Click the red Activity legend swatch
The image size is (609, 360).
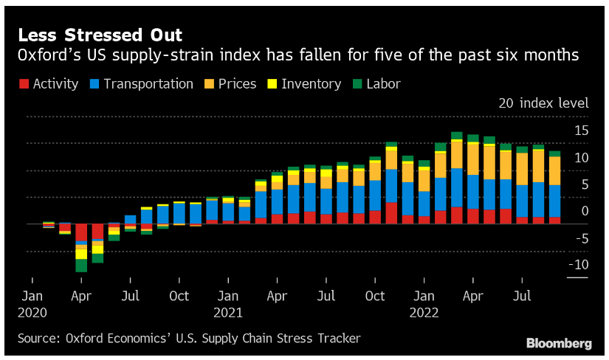(x=24, y=84)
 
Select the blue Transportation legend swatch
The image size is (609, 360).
(x=95, y=84)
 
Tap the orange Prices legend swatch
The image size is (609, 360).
(x=210, y=84)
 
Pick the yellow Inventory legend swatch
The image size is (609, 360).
(x=272, y=84)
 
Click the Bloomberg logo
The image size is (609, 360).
(x=559, y=343)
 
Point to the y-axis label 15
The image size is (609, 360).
(x=581, y=131)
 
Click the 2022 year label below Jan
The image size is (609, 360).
(x=424, y=312)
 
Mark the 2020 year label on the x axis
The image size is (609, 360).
(x=32, y=312)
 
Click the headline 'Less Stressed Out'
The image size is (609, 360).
(x=100, y=35)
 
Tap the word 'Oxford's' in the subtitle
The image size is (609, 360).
(x=48, y=55)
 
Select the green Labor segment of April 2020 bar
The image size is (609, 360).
(x=81, y=266)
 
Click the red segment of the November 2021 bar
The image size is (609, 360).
(x=391, y=212)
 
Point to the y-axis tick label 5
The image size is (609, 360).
(x=583, y=184)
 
